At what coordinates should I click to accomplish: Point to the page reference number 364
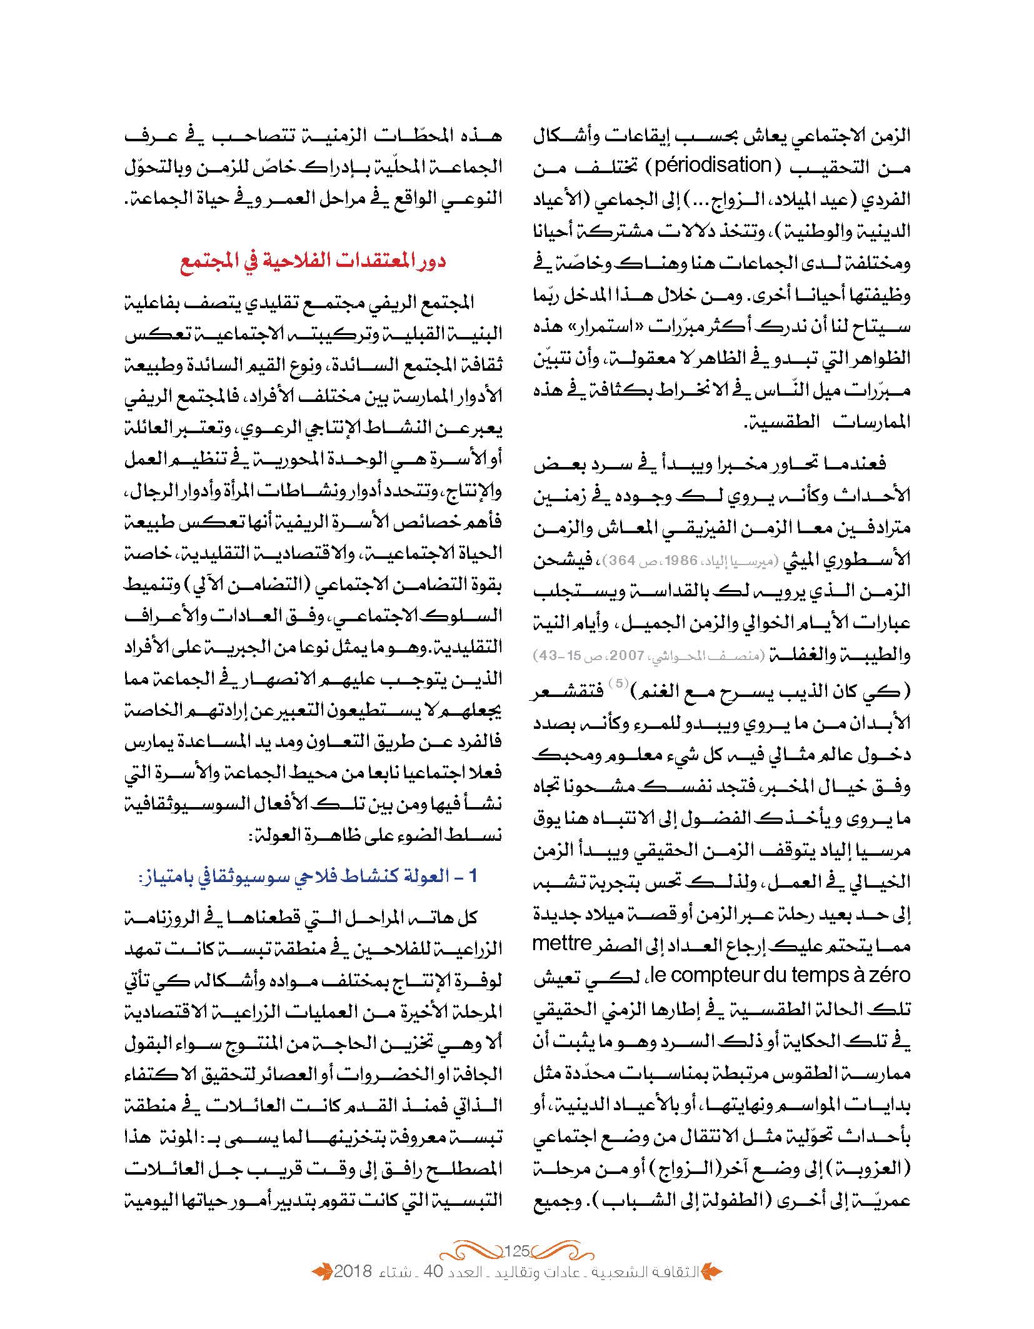pyautogui.click(x=615, y=560)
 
